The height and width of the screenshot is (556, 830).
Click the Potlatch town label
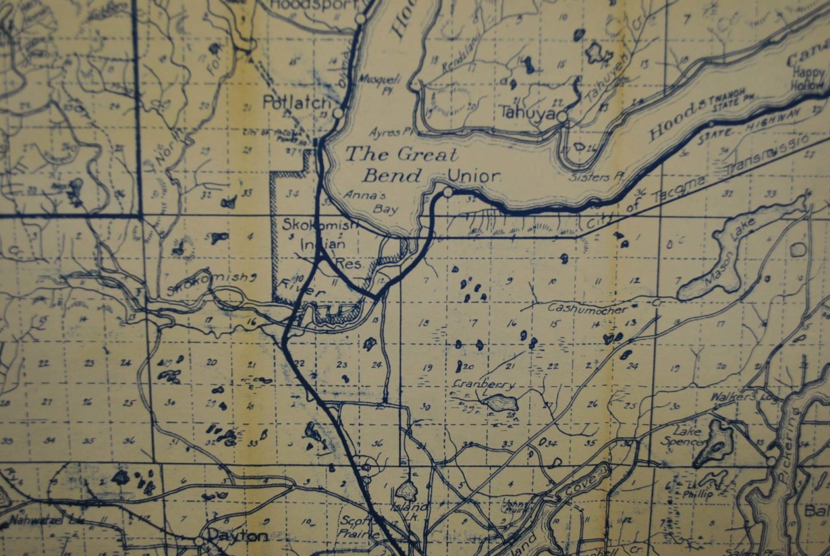click(x=296, y=103)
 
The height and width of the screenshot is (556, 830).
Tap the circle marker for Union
click(x=447, y=193)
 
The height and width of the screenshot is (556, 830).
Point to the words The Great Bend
click(x=401, y=164)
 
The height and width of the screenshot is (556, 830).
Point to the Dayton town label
click(x=238, y=536)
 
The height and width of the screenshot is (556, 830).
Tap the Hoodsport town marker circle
click(x=360, y=19)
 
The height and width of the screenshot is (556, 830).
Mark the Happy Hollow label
click(x=808, y=78)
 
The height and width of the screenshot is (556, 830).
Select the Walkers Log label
click(x=743, y=397)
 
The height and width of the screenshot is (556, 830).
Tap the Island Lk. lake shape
click(x=406, y=491)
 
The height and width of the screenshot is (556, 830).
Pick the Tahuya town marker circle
click(x=563, y=117)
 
